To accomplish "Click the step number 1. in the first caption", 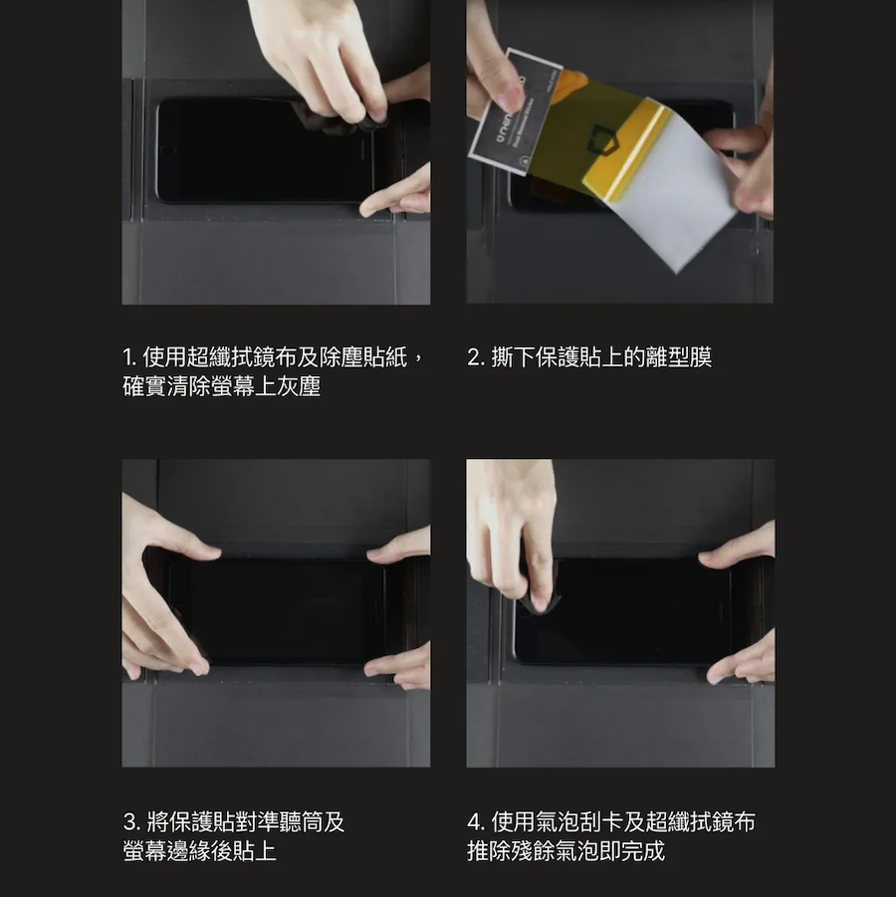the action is pyautogui.click(x=129, y=357).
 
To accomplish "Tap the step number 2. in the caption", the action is pyautogui.click(x=476, y=357).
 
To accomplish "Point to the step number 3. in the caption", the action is pyautogui.click(x=132, y=822).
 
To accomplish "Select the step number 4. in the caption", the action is pyautogui.click(x=476, y=822).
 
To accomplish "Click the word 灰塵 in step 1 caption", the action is pyautogui.click(x=298, y=386).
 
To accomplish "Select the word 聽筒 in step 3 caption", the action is pyautogui.click(x=302, y=822).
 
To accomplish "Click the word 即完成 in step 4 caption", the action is pyautogui.click(x=633, y=851).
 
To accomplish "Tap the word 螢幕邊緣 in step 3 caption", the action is pyautogui.click(x=166, y=851).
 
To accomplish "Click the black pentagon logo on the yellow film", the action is pyautogui.click(x=599, y=140).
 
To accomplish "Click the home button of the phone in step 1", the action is pyautogui.click(x=167, y=150).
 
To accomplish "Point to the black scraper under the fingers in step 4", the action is pyautogui.click(x=538, y=600).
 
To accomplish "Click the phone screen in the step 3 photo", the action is pyautogui.click(x=281, y=611).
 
